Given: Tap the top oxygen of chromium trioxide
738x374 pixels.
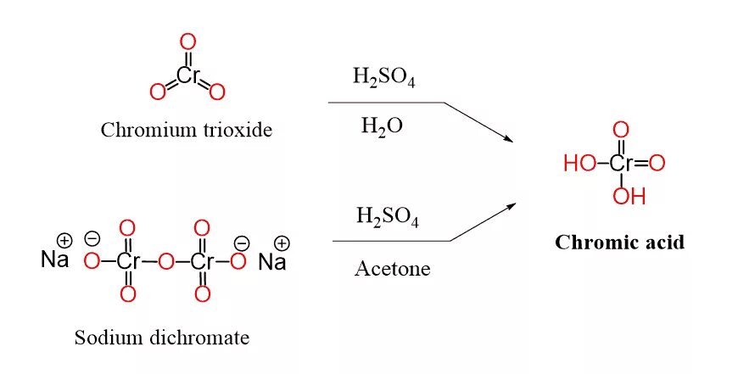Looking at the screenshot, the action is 188,40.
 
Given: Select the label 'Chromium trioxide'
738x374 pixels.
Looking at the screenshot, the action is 187,131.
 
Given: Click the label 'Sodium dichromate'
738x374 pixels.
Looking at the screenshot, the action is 162,338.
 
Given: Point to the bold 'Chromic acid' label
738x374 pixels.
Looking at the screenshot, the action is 619,243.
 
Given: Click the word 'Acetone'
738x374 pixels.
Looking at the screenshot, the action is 392,270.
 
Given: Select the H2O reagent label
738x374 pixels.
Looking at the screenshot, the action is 382,127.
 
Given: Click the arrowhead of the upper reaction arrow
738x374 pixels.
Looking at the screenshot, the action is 508,137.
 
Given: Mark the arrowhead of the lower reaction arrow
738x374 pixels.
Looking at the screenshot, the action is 511,206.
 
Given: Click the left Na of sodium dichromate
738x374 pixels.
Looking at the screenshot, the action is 55,260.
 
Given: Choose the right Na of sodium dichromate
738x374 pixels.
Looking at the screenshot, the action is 272,261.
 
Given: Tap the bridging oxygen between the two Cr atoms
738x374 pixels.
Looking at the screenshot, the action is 165,261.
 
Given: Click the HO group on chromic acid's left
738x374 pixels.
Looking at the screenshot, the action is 580,164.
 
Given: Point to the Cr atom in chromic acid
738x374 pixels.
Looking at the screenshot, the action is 621,164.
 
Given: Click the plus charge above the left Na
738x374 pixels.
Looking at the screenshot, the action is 64,240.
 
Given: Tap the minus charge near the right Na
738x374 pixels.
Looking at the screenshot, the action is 242,243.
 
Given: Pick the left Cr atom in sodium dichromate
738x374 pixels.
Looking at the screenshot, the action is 127,261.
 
